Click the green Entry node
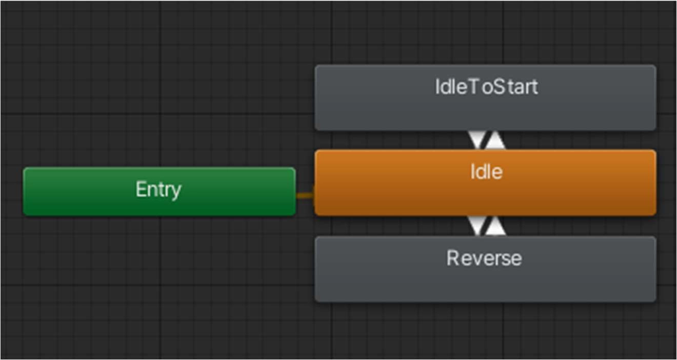tap(160, 191)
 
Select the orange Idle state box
tap(485, 183)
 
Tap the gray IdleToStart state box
tap(485, 97)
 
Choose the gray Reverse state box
tap(485, 269)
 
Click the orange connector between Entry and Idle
tap(305, 195)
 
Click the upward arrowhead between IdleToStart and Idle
tap(495, 140)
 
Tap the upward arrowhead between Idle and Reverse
tap(495, 226)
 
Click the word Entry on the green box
tap(158, 190)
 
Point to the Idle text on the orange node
tap(487, 172)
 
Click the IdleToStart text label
tap(486, 87)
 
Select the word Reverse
tap(484, 258)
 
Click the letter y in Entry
tap(175, 192)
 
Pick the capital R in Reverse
tap(452, 258)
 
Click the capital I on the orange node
tap(472, 172)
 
